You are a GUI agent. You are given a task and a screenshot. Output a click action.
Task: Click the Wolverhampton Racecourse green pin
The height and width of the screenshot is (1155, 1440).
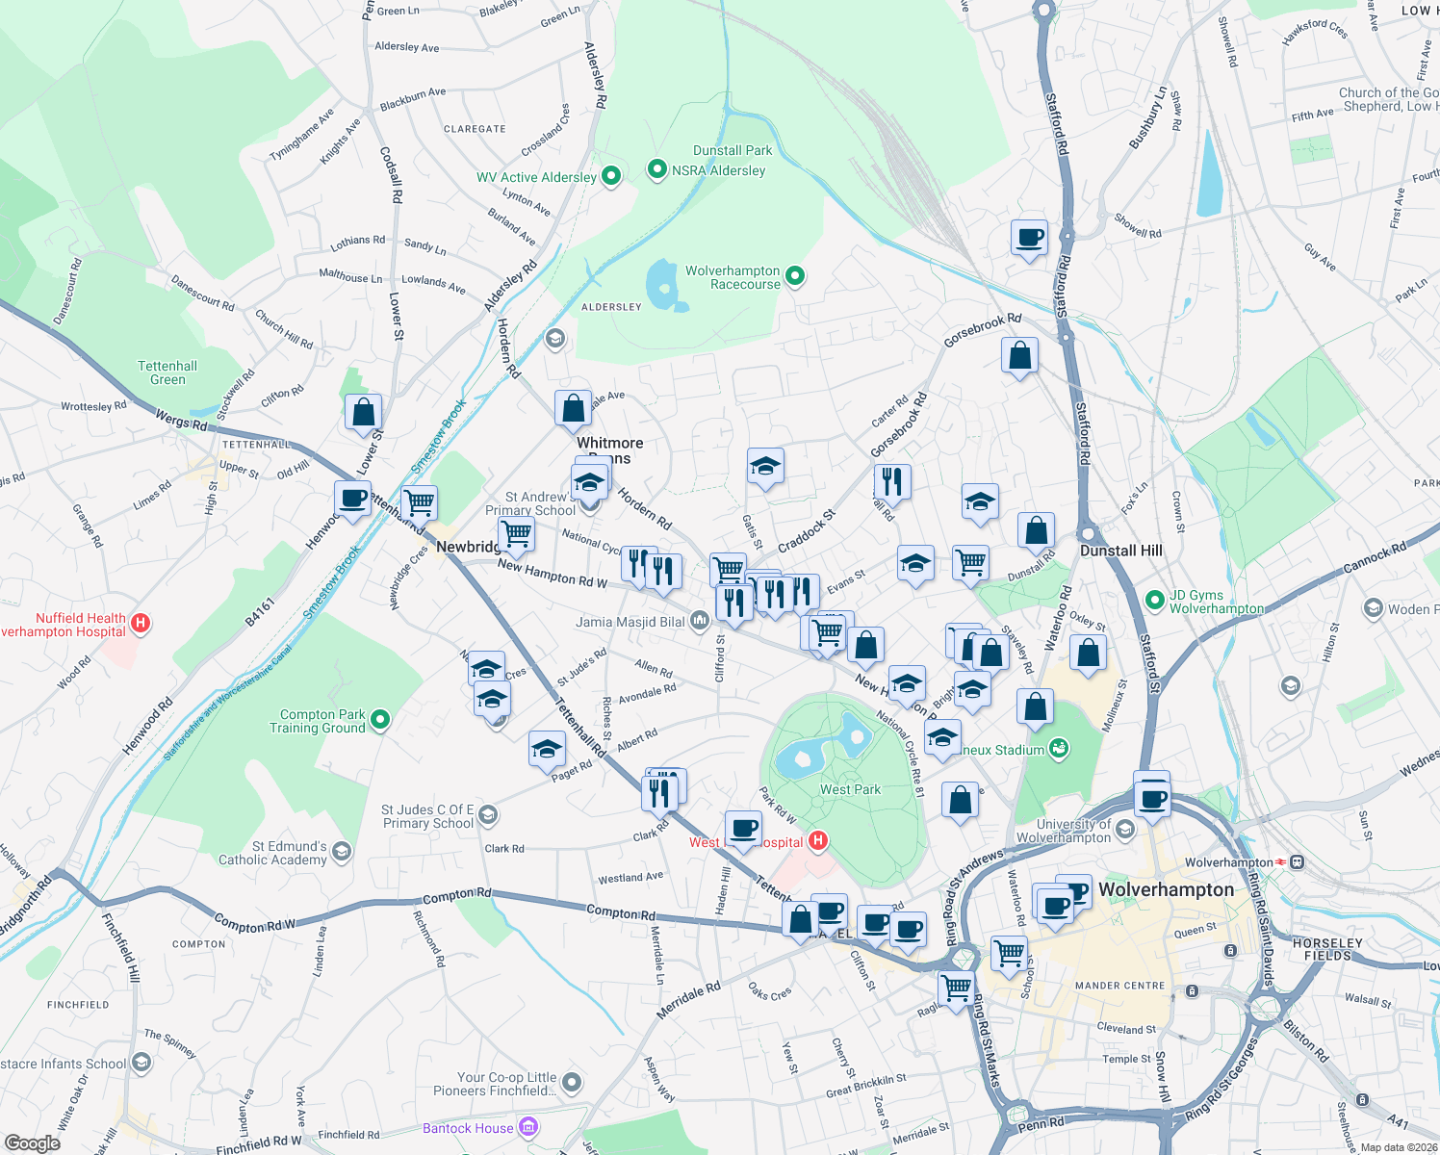[x=795, y=276]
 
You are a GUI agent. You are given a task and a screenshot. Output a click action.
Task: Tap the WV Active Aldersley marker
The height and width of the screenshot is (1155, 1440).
[x=610, y=176]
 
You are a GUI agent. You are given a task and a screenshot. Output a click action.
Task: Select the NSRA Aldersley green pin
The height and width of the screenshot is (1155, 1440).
[x=657, y=170]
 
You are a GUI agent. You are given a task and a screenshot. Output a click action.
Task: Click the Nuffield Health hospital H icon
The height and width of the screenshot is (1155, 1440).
[x=141, y=624]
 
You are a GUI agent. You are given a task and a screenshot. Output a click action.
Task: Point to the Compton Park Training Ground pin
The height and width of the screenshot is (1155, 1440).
[x=380, y=720]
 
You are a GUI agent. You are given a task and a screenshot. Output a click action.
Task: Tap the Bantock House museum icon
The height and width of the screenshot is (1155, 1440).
[x=527, y=1127]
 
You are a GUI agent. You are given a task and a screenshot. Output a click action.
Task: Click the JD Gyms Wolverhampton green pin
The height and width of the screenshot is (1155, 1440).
[x=1155, y=601]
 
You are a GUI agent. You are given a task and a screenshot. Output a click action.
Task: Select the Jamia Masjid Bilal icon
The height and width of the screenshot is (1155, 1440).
[x=699, y=622]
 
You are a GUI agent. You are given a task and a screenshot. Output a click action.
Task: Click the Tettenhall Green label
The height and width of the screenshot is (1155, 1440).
[x=167, y=372]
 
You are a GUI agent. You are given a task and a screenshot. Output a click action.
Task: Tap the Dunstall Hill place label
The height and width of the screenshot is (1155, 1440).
[x=1120, y=551]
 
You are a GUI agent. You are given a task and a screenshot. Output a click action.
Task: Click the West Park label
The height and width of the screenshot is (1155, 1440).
[x=850, y=789]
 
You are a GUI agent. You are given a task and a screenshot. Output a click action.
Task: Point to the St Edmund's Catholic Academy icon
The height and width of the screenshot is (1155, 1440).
[x=342, y=852]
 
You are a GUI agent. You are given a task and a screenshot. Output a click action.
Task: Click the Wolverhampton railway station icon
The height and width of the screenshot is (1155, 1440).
[x=1298, y=862]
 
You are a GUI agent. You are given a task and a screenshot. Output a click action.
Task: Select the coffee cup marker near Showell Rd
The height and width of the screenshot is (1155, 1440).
[x=1029, y=237]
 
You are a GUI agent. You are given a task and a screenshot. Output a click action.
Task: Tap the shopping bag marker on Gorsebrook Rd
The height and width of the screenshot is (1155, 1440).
[x=1019, y=356]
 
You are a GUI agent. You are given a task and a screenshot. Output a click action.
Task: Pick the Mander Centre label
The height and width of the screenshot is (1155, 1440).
[x=1119, y=986]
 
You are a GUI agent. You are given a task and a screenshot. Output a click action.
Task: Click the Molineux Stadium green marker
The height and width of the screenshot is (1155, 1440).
[x=1059, y=749]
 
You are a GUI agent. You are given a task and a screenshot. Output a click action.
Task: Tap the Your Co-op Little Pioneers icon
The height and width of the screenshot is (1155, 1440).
[x=572, y=1084]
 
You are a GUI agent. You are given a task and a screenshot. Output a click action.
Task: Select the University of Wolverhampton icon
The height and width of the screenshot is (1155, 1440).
[x=1125, y=830]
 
